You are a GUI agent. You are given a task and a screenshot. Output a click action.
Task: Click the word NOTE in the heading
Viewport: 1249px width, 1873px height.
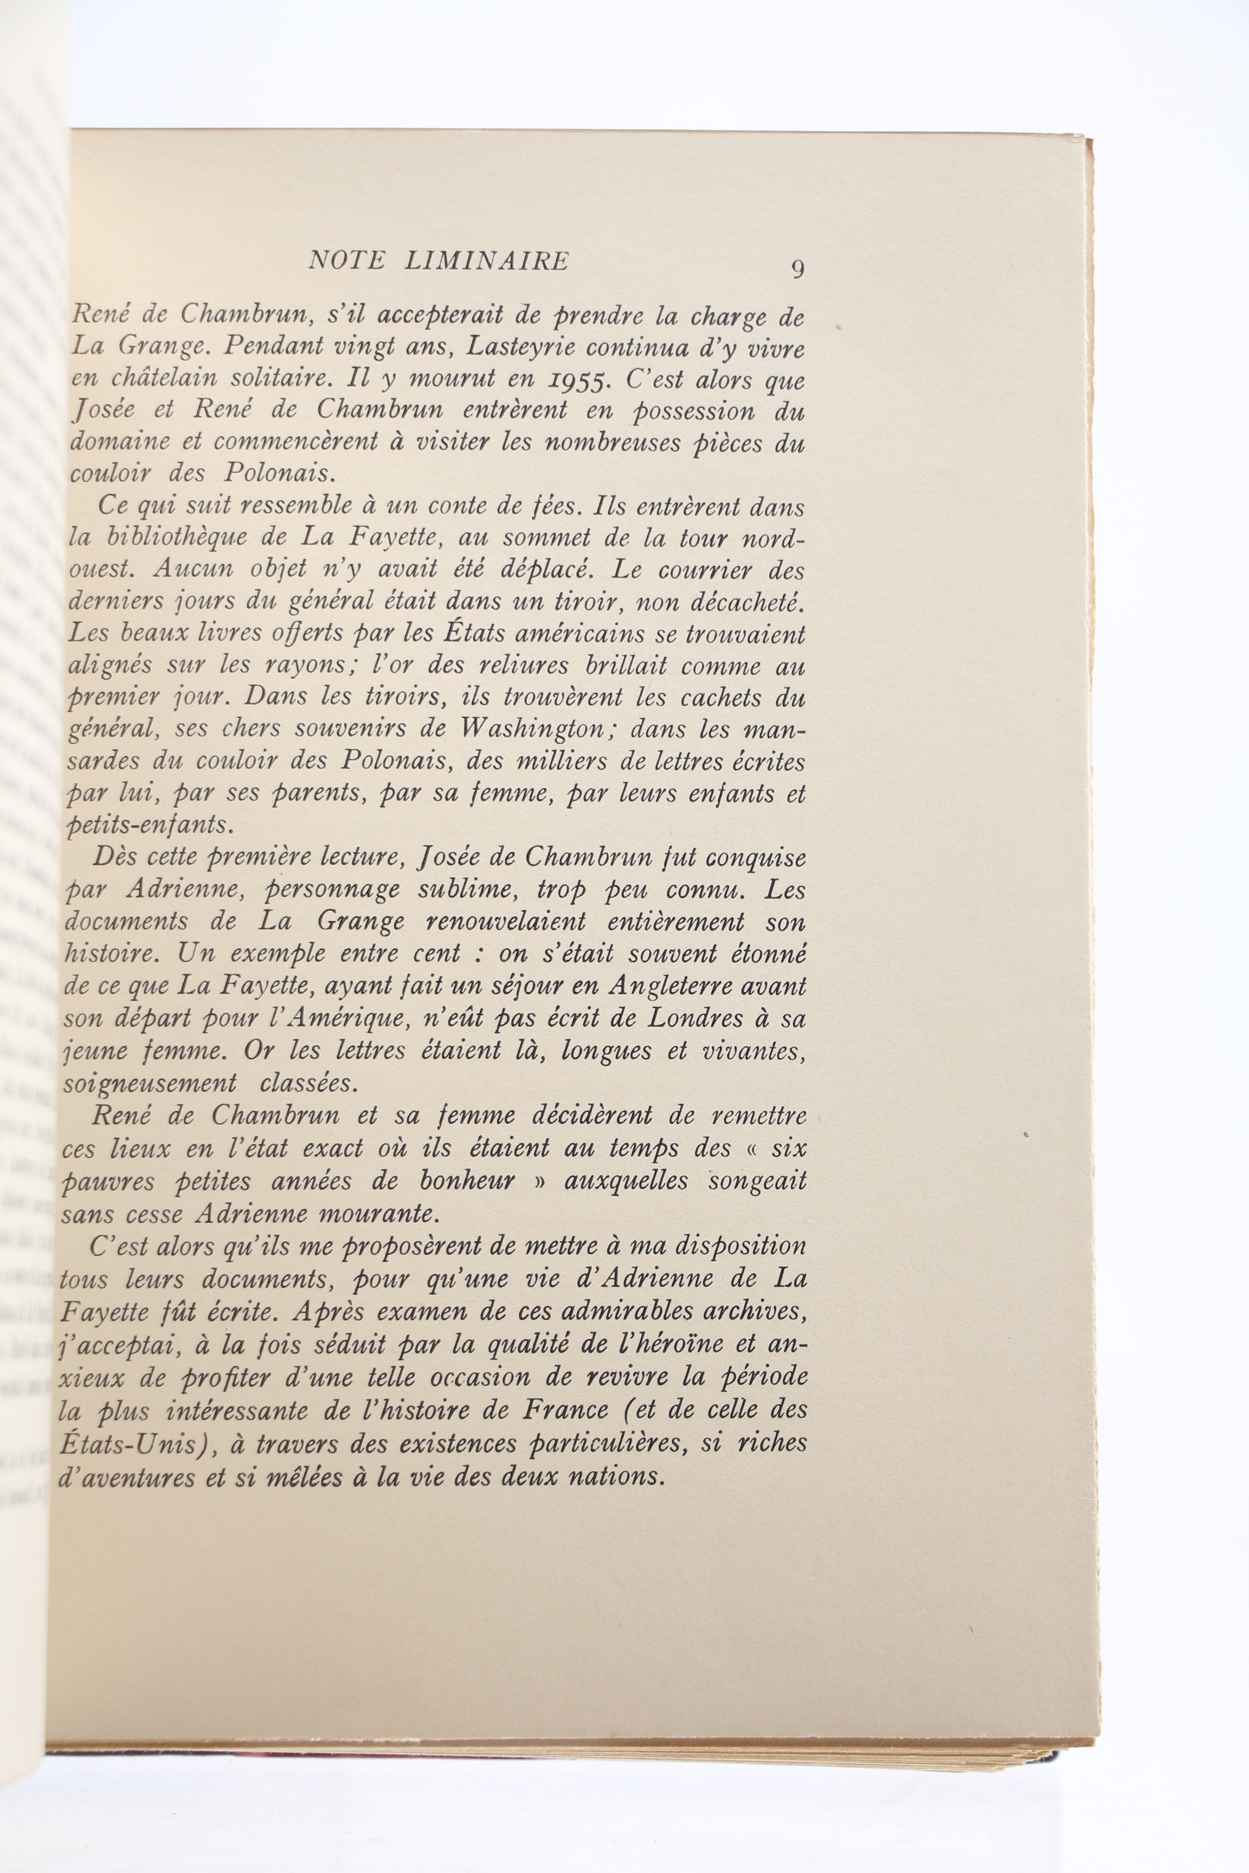(x=348, y=261)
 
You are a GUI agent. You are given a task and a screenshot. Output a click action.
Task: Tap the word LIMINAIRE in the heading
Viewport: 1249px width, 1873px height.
(x=487, y=261)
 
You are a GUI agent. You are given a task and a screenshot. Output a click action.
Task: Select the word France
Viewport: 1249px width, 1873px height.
(x=565, y=1410)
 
